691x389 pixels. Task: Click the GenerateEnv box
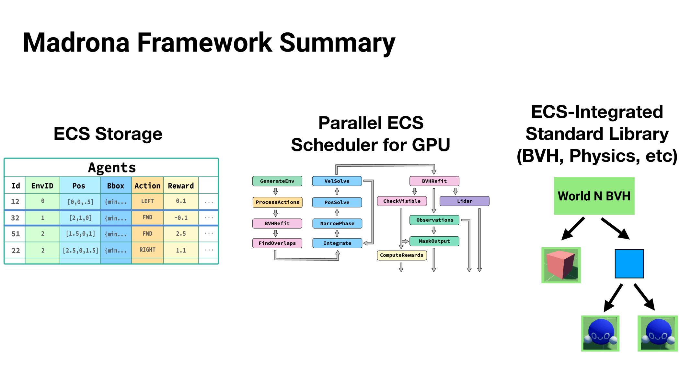(277, 181)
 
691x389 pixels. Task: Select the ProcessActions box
(277, 202)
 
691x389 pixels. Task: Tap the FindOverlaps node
(277, 243)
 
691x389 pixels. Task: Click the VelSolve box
(337, 181)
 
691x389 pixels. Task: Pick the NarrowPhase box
(337, 223)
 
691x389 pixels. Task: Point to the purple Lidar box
(464, 201)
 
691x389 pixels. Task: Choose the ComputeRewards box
(401, 255)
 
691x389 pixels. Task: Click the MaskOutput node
(434, 241)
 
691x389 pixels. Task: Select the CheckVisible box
(402, 201)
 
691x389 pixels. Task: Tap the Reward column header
(180, 186)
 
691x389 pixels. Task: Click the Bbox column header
(116, 186)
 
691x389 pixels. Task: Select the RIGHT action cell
(147, 250)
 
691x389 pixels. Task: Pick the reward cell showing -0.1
(180, 218)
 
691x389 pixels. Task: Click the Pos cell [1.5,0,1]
(80, 234)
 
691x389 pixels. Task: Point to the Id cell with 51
(15, 234)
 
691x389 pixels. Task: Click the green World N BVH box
(594, 196)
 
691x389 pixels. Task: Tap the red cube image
(561, 265)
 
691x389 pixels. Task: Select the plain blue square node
(629, 264)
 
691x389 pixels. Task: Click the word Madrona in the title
(76, 43)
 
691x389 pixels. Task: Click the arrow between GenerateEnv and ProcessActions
(275, 191)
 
